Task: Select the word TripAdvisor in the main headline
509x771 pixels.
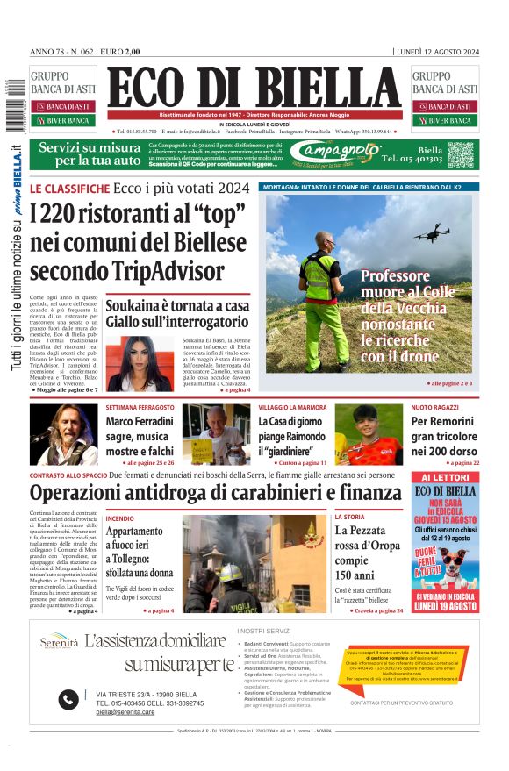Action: (167, 270)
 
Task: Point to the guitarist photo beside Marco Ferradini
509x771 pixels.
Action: (64, 434)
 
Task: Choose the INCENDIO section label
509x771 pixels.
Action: (120, 518)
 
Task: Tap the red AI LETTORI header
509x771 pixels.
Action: (445, 478)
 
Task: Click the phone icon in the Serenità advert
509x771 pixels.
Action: (68, 699)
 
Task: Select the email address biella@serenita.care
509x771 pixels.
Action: (125, 712)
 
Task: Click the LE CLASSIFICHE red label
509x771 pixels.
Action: (69, 189)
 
